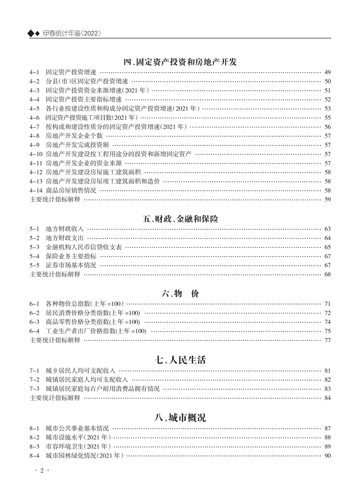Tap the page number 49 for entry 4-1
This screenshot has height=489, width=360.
[328, 73]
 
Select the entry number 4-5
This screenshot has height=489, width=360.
[35, 109]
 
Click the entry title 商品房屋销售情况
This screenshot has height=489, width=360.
[71, 190]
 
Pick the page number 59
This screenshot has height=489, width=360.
[328, 199]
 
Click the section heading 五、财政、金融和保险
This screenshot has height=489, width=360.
[180, 219]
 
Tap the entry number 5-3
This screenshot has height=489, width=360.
[35, 247]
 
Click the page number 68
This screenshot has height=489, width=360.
[328, 274]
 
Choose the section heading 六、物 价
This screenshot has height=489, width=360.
[180, 294]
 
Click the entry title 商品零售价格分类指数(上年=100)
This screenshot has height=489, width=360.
[93, 322]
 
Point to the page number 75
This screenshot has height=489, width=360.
[328, 331]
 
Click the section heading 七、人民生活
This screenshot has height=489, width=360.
[180, 360]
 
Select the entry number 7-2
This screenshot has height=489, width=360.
[35, 380]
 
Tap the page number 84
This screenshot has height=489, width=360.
[328, 398]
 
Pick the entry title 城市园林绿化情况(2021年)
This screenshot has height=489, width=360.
[84, 455]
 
